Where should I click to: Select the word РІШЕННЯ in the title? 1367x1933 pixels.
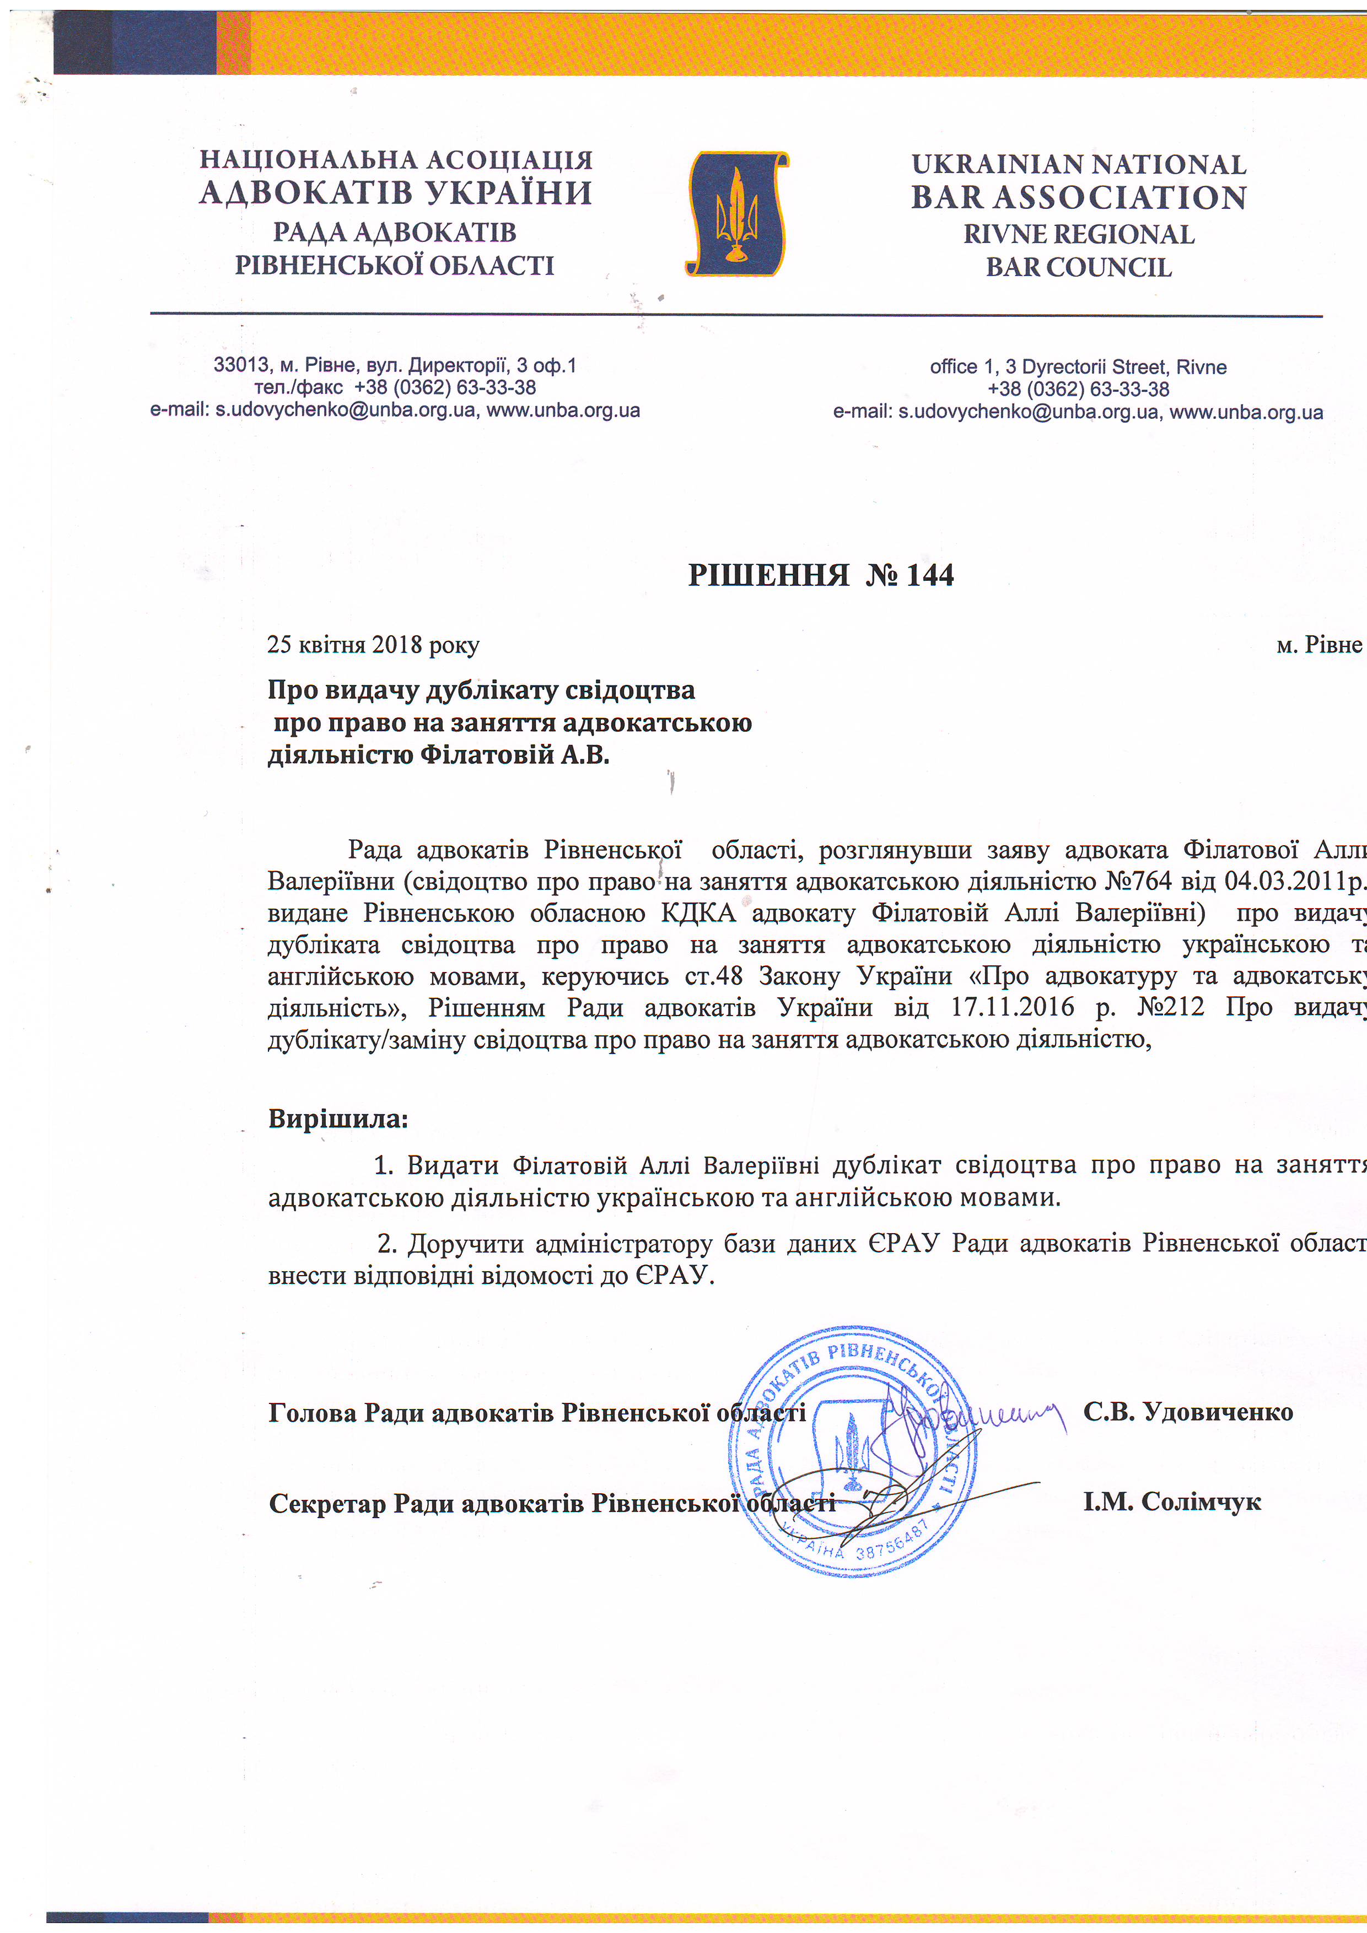(768, 575)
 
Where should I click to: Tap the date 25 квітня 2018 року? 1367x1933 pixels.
(373, 645)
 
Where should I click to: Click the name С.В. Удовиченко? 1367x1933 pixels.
(1188, 1412)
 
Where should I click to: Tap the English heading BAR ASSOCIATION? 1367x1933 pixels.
(1078, 198)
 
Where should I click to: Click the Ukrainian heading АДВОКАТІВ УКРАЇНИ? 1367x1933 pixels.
(396, 193)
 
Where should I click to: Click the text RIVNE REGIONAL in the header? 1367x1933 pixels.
(1078, 234)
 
